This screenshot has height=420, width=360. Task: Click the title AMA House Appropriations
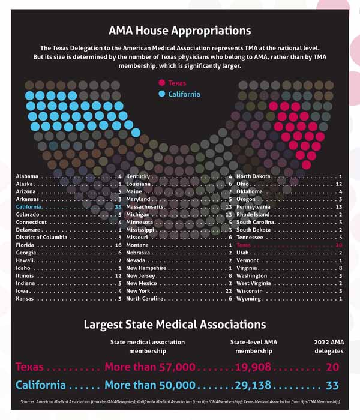click(179, 30)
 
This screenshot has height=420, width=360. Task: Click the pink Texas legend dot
click(161, 83)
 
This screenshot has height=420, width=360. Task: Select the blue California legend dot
click(161, 95)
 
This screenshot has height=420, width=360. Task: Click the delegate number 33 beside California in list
click(118, 206)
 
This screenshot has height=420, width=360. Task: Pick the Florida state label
click(26, 245)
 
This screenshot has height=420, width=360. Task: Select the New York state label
click(139, 290)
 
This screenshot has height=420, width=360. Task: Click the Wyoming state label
click(249, 298)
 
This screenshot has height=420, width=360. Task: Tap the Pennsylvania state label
click(254, 206)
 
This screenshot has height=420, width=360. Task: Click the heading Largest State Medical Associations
click(174, 325)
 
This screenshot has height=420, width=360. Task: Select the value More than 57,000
click(150, 367)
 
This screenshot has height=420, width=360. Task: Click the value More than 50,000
click(150, 385)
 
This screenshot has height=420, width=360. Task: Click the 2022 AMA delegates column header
click(329, 346)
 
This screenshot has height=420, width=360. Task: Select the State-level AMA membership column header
click(253, 346)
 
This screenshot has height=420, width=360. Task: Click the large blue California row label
click(41, 385)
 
